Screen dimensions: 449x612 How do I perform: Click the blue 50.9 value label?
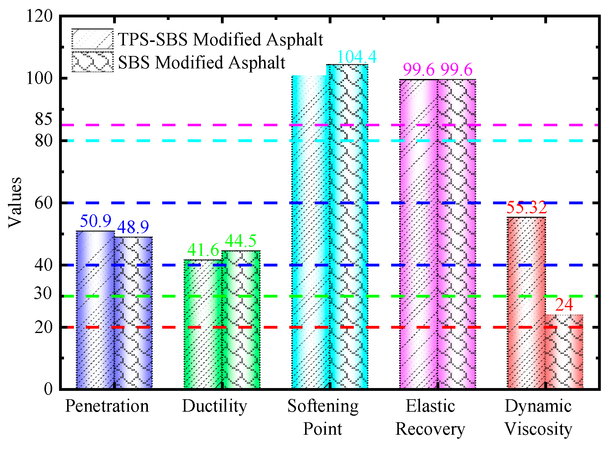pyautogui.click(x=95, y=221)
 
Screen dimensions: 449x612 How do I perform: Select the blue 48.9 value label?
pyautogui.click(x=133, y=227)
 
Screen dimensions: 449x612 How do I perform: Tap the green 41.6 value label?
pyautogui.click(x=203, y=250)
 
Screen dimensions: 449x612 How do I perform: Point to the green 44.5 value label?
pyautogui.click(x=241, y=241)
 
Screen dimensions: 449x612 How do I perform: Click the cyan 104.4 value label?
pyautogui.click(x=356, y=57)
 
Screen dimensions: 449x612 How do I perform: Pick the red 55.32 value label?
pyautogui.click(x=526, y=207)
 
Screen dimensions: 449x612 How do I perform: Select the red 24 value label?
pyautogui.click(x=564, y=305)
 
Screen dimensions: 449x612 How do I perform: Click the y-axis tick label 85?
pyautogui.click(x=43, y=119)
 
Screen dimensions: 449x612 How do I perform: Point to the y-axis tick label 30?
pyautogui.click(x=43, y=293)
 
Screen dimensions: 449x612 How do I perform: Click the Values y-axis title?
pyautogui.click(x=15, y=203)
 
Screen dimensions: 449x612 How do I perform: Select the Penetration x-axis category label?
pyautogui.click(x=107, y=406)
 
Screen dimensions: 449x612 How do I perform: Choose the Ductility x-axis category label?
pyautogui.click(x=214, y=406)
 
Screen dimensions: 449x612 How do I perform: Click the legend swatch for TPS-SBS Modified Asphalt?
pyautogui.click(x=92, y=39)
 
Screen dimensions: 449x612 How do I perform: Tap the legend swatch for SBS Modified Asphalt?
pyautogui.click(x=92, y=62)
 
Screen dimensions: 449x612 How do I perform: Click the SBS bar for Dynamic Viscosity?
pyautogui.click(x=564, y=351)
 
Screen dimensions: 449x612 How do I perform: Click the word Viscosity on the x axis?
pyautogui.click(x=538, y=429)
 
